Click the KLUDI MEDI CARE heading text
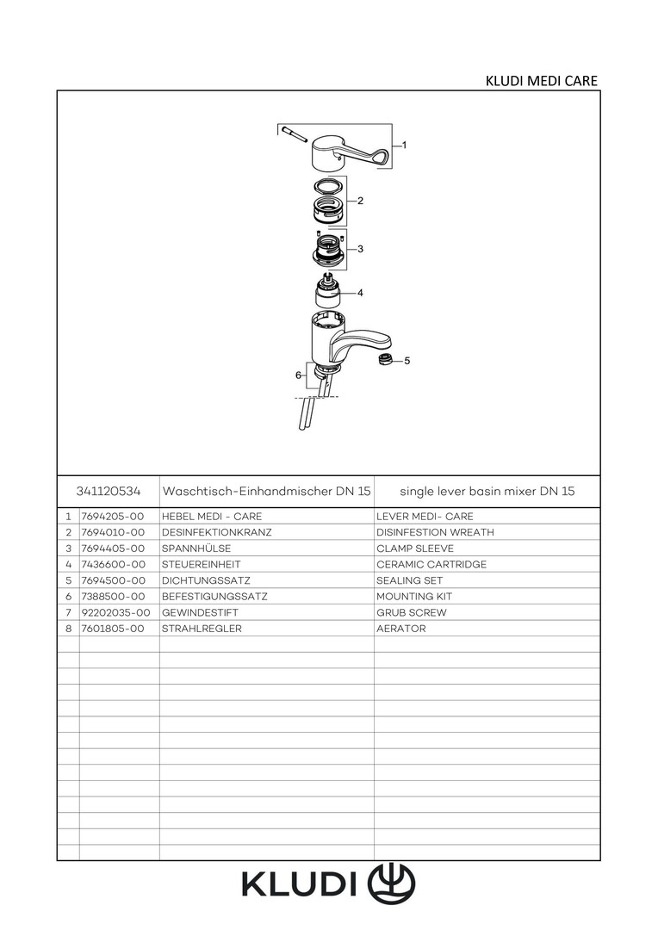tap(541, 81)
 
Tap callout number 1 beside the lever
tap(404, 145)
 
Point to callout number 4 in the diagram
tap(360, 293)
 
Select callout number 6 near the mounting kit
tap(298, 375)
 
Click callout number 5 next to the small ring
tap(407, 361)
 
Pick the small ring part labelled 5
tap(386, 359)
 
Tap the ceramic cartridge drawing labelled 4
tap(328, 291)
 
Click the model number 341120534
tap(109, 491)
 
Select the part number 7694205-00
tap(113, 516)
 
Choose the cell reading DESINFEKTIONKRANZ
tap(216, 532)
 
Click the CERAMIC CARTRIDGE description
tap(431, 564)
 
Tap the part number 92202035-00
tap(115, 612)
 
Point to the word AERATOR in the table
tap(401, 628)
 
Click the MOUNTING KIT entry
tap(414, 596)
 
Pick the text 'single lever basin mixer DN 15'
tap(487, 491)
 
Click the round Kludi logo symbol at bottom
tap(392, 883)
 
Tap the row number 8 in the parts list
tap(69, 628)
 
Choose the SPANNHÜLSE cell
tap(196, 548)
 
